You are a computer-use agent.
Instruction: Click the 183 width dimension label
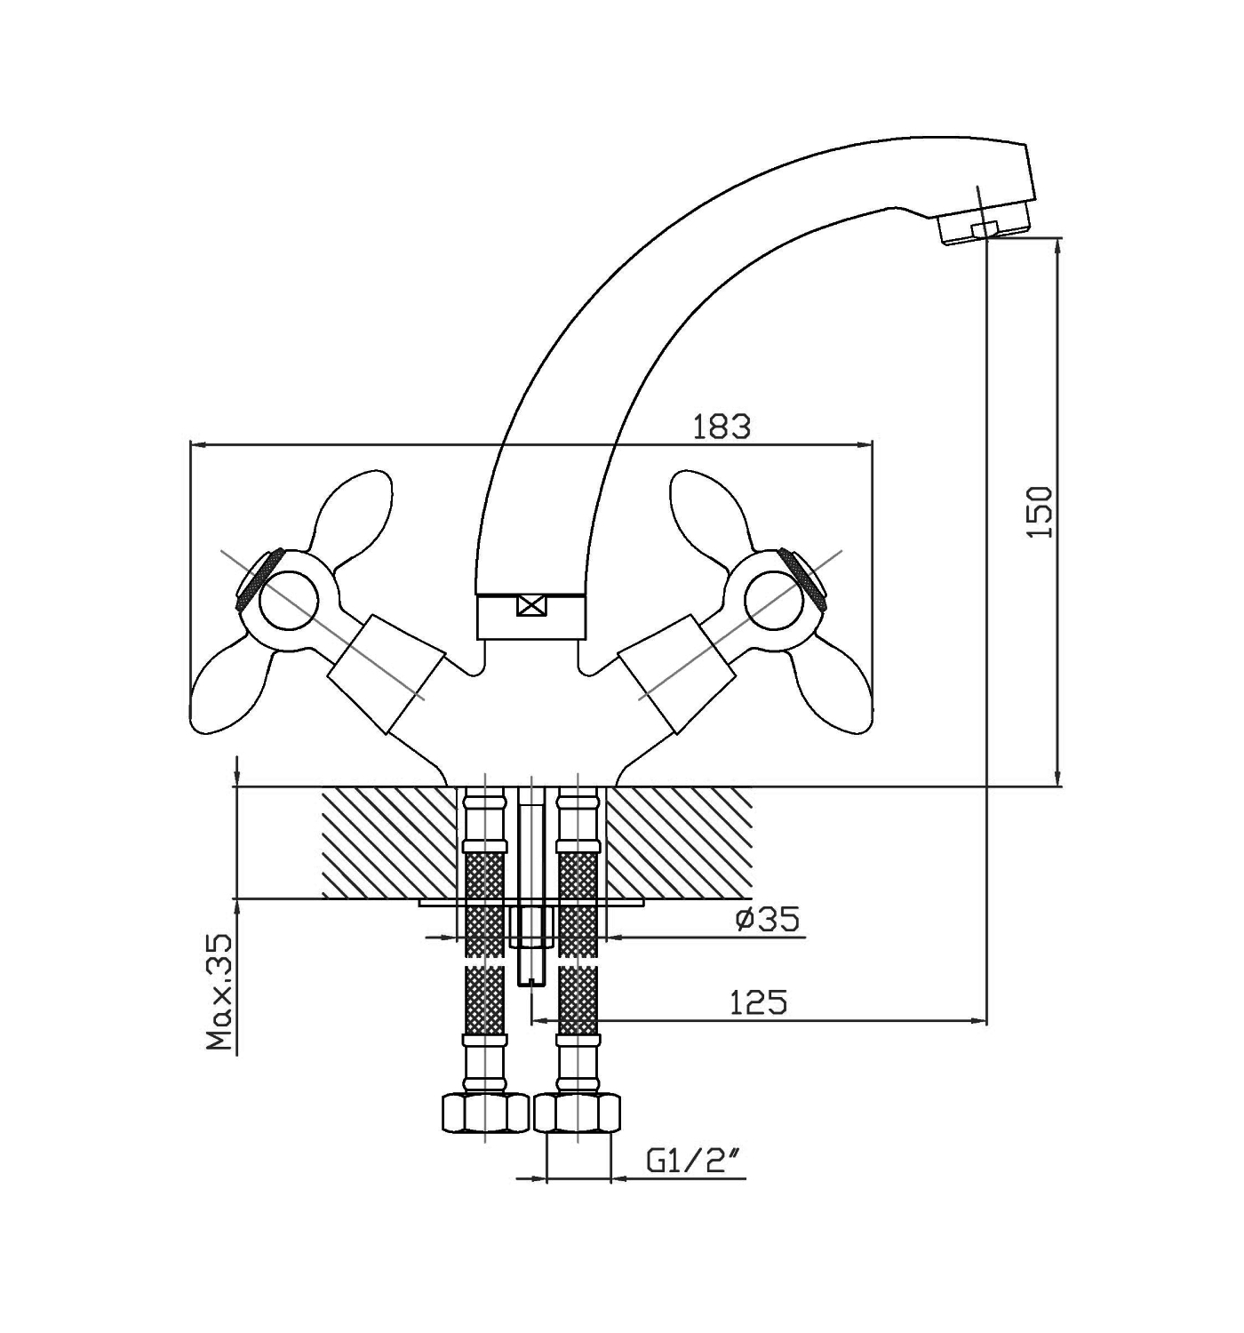point(721,427)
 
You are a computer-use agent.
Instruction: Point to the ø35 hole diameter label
point(768,919)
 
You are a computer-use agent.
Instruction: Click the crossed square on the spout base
point(531,607)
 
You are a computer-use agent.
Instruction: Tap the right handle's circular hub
point(773,600)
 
